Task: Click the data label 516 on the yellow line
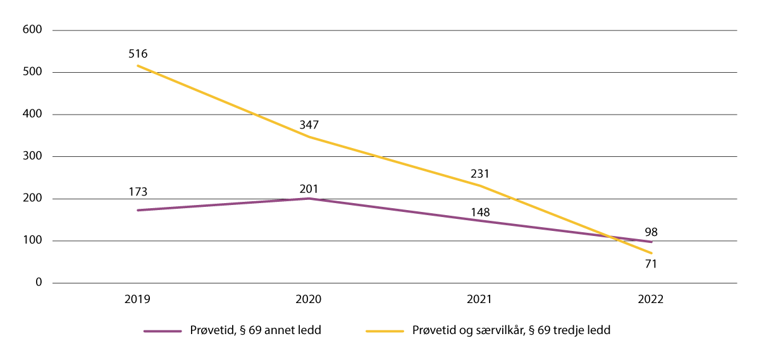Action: pyautogui.click(x=137, y=54)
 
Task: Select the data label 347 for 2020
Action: pyautogui.click(x=309, y=125)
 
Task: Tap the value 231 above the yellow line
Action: pyautogui.click(x=480, y=173)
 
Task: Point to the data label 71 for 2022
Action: pyautogui.click(x=651, y=264)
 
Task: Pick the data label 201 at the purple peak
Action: pyautogui.click(x=309, y=189)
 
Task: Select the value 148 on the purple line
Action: pyautogui.click(x=480, y=212)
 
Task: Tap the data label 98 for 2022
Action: pyautogui.click(x=651, y=232)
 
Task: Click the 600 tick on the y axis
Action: pyautogui.click(x=33, y=30)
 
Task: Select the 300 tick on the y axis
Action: pyautogui.click(x=33, y=156)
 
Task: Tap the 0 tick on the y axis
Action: pyautogui.click(x=39, y=283)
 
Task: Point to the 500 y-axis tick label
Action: pyautogui.click(x=33, y=72)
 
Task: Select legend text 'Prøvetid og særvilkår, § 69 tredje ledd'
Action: pyautogui.click(x=510, y=331)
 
